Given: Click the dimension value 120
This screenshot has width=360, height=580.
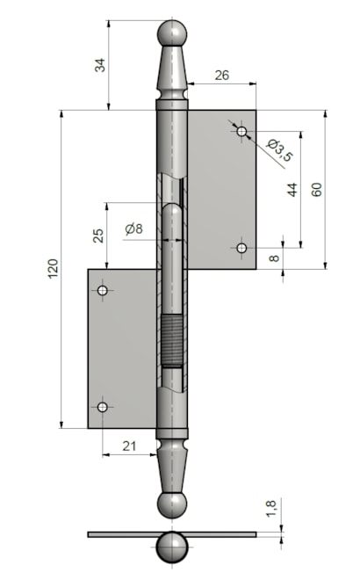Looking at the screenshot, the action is pyautogui.click(x=54, y=269).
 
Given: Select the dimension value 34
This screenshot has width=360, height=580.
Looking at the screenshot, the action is pyautogui.click(x=100, y=65).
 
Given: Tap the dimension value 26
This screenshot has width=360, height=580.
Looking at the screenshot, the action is pyautogui.click(x=222, y=75).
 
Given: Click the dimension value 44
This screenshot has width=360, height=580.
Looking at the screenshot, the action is pyautogui.click(x=292, y=190).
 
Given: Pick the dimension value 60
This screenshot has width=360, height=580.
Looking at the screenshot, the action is pyautogui.click(x=317, y=190).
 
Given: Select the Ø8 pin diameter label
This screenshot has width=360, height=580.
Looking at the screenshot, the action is pyautogui.click(x=133, y=229).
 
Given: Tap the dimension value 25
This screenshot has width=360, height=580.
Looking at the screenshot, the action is pyautogui.click(x=98, y=236).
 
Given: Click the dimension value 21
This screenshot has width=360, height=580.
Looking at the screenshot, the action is pyautogui.click(x=129, y=446).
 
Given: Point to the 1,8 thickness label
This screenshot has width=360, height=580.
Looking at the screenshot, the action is pyautogui.click(x=271, y=509).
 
